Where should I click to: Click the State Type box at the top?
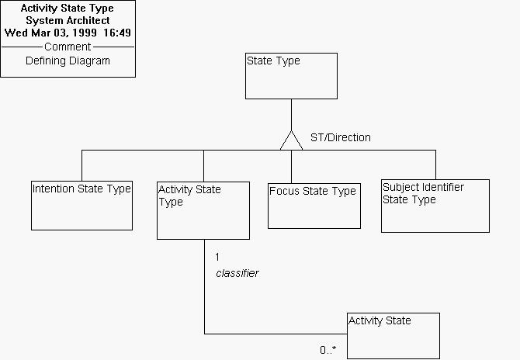coord(291,76)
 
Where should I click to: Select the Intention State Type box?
coord(82,205)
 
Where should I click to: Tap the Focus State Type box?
coord(314,206)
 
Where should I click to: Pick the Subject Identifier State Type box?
coord(435,206)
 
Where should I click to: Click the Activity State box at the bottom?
coord(393,335)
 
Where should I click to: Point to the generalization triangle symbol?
coord(291,141)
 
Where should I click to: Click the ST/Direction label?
coord(340,137)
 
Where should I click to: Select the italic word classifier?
coord(237,273)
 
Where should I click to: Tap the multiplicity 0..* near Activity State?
coord(328,350)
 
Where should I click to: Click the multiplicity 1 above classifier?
coord(218,257)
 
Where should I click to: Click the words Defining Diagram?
coord(68,61)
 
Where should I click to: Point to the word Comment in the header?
coord(68,47)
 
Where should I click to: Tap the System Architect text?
coord(68,21)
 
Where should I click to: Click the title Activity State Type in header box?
coord(68,9)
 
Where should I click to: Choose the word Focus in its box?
coord(284,191)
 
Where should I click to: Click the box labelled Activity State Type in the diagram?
coord(203,210)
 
